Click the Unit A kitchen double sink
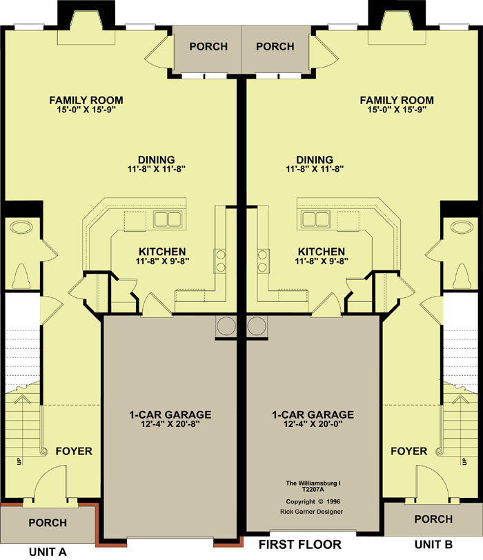click(x=168, y=219)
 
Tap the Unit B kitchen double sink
click(x=315, y=219)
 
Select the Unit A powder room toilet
click(x=21, y=277)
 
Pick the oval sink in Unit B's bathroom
click(x=462, y=227)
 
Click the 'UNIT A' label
click(x=48, y=552)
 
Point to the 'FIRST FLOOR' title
click(x=300, y=545)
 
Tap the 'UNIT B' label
click(x=433, y=545)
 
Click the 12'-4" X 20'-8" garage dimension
click(x=170, y=424)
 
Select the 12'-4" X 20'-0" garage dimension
click(x=313, y=424)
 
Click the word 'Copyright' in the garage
click(x=300, y=501)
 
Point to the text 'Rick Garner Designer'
click(x=311, y=512)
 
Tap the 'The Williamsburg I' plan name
click(x=313, y=483)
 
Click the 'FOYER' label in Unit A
click(x=74, y=451)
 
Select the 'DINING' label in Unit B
click(x=315, y=159)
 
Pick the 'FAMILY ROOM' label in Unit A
click(x=86, y=100)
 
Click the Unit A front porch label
click(x=48, y=523)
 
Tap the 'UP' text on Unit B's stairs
click(x=464, y=461)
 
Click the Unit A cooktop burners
click(x=220, y=261)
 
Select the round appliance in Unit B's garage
click(x=257, y=326)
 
